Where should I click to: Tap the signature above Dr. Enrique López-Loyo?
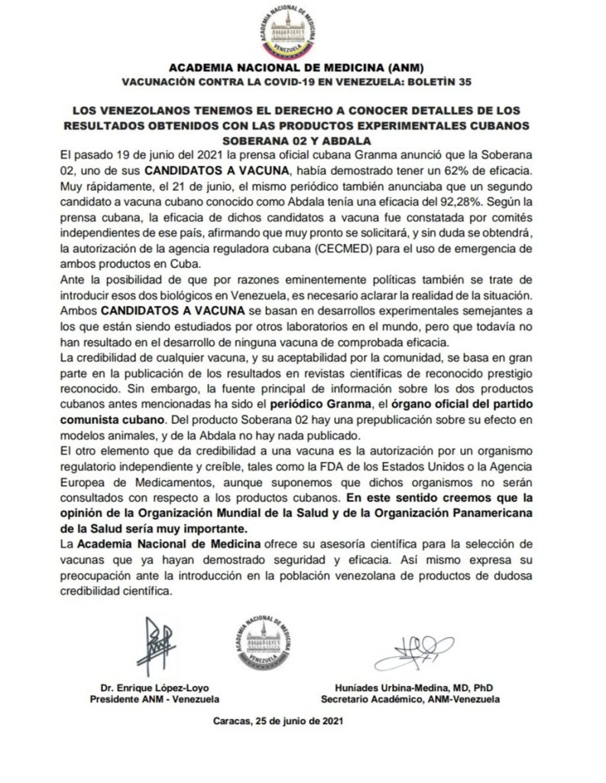(155, 641)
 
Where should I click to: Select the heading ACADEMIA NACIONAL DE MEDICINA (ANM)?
(303, 67)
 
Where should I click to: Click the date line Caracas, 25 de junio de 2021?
(283, 720)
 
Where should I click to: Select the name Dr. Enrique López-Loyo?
(155, 686)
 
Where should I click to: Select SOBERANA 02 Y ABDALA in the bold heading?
(303, 141)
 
